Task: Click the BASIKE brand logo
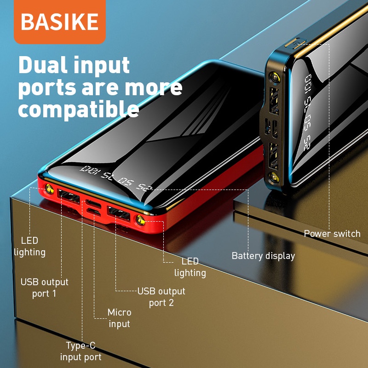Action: click(x=60, y=22)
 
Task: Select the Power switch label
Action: click(x=332, y=234)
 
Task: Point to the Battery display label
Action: click(x=263, y=256)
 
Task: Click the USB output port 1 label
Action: click(x=44, y=287)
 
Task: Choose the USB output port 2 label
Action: click(x=161, y=297)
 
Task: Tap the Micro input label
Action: click(x=119, y=318)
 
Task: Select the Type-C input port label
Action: click(x=80, y=351)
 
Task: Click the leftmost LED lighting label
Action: click(x=29, y=246)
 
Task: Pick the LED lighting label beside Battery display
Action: click(x=190, y=267)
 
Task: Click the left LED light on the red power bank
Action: click(x=47, y=189)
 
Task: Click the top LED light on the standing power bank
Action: click(x=275, y=78)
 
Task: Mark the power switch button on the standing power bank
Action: click(x=292, y=45)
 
